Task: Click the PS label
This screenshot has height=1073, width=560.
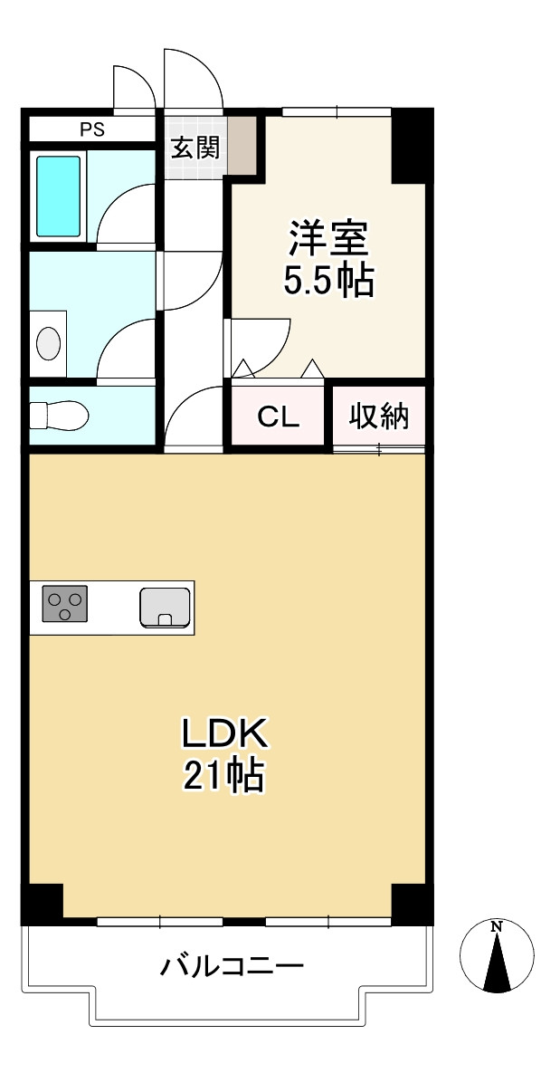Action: pyautogui.click(x=92, y=129)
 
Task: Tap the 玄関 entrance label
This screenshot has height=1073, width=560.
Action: pyautogui.click(x=195, y=148)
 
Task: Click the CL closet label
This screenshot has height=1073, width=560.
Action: pyautogui.click(x=279, y=417)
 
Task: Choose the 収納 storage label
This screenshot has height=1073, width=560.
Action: pyautogui.click(x=379, y=417)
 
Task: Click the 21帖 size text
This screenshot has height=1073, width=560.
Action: pyautogui.click(x=223, y=776)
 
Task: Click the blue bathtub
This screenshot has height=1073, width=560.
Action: pyautogui.click(x=58, y=196)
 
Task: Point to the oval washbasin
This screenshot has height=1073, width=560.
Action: pyautogui.click(x=49, y=343)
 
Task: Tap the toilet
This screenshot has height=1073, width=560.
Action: pyautogui.click(x=59, y=416)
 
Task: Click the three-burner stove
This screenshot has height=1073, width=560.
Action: pyautogui.click(x=65, y=604)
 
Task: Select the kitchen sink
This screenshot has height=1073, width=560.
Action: pyautogui.click(x=166, y=607)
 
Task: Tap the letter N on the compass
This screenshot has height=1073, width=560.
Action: pyautogui.click(x=497, y=928)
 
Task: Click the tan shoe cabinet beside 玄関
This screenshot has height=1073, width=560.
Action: pyautogui.click(x=242, y=145)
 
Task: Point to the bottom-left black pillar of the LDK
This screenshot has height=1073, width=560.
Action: pyautogui.click(x=43, y=904)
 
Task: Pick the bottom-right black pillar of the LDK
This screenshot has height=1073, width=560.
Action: pyautogui.click(x=413, y=904)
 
